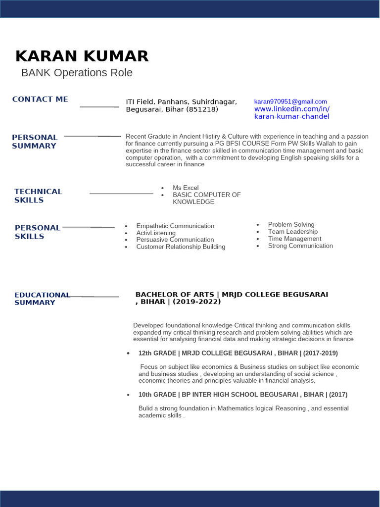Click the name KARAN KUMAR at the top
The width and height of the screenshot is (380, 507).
point(82,56)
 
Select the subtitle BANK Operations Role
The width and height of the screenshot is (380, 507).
point(77,73)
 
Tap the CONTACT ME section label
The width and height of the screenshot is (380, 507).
point(40,100)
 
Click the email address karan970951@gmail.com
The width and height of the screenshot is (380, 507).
point(290,101)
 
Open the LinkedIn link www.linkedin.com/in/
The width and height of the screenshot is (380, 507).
point(291,109)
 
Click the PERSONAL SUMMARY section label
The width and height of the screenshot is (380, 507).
point(35,142)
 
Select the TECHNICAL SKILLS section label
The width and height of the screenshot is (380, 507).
point(38,196)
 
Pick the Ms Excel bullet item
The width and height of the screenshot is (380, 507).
point(186,188)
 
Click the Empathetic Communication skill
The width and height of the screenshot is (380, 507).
point(175,226)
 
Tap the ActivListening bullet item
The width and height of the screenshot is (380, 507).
point(156,233)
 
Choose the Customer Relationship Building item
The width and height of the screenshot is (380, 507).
point(181,247)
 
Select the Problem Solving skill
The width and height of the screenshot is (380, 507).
point(291,224)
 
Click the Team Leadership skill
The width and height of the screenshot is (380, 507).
point(293,231)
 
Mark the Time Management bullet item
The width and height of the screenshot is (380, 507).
point(294,239)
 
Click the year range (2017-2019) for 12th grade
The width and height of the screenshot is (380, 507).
point(321,353)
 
